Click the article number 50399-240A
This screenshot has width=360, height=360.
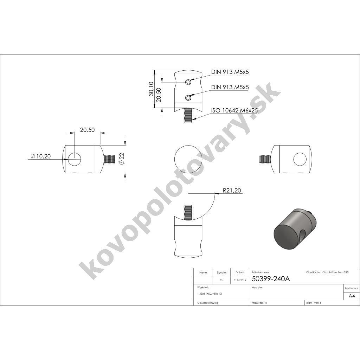pyautogui.click(x=271, y=279)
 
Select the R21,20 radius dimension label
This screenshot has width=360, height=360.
pyautogui.click(x=232, y=190)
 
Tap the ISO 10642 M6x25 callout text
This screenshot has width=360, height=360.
pyautogui.click(x=234, y=110)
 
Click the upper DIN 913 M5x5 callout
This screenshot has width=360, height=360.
pyautogui.click(x=230, y=72)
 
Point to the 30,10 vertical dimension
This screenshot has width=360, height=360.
pyautogui.click(x=151, y=89)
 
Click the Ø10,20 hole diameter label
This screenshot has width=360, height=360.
pyautogui.click(x=40, y=156)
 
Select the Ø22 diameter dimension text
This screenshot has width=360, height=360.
pyautogui.click(x=122, y=159)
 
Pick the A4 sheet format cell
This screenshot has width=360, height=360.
pyautogui.click(x=352, y=296)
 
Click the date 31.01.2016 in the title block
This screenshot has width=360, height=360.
pyautogui.click(x=240, y=280)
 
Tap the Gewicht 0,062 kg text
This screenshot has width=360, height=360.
pyautogui.click(x=207, y=303)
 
